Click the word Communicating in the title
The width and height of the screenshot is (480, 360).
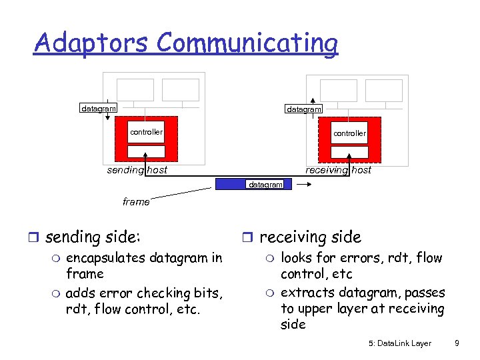tap(247, 44)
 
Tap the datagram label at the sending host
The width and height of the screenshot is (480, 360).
tap(99, 108)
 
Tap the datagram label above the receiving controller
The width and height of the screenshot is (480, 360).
tap(303, 109)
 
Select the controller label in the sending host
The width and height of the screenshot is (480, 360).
tap(146, 132)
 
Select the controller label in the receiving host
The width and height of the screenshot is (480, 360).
tap(349, 133)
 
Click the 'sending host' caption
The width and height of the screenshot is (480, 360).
tap(137, 170)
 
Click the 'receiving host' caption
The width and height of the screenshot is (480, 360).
tap(338, 170)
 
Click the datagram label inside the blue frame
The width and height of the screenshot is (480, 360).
tap(265, 185)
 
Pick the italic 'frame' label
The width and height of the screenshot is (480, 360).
tap(136, 201)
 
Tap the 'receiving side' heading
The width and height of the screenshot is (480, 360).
tap(310, 237)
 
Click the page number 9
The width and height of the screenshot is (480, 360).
tap(456, 343)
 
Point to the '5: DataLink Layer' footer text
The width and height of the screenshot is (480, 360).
tap(399, 343)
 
